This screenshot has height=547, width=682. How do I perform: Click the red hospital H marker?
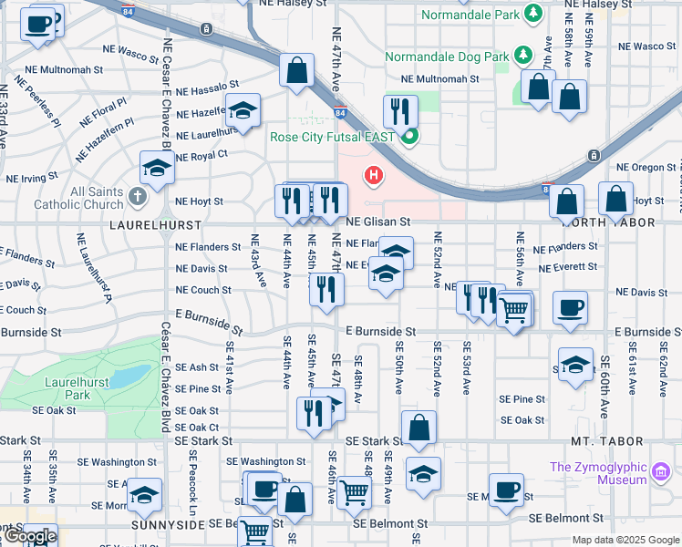(373, 174)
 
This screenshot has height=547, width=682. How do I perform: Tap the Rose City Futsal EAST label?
(332, 138)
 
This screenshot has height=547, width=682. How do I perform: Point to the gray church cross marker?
(137, 195)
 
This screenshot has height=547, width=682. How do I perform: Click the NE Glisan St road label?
(377, 222)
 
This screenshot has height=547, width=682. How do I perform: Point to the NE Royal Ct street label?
(201, 156)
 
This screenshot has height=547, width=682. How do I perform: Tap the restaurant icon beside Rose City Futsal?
(400, 111)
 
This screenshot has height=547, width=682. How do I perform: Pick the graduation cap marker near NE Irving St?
(157, 168)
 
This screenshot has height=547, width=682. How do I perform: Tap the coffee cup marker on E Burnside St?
(571, 309)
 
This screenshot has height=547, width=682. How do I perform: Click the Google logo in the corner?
(29, 536)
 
